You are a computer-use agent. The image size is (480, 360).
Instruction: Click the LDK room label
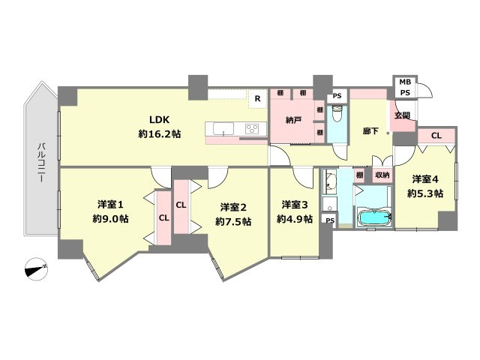coord(159,119)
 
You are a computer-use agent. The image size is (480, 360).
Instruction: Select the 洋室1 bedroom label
coord(110,204)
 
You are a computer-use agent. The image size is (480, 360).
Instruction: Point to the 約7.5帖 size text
coord(233,221)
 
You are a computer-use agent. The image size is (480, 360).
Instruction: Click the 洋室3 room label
coord(295,205)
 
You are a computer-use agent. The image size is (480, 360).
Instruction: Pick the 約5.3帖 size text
coord(425,193)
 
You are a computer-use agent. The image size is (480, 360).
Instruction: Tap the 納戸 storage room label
coord(293,120)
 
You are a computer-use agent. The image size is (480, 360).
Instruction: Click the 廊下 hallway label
coord(370,131)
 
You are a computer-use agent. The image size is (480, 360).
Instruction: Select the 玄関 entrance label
coord(402,115)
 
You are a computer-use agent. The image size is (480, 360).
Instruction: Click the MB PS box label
coord(405,87)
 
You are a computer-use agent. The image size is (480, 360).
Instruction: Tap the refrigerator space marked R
coord(258,98)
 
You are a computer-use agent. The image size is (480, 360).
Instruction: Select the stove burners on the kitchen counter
coord(252,128)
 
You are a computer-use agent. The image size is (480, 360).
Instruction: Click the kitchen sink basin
coord(223,128)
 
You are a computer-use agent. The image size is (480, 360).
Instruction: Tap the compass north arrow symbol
coord(36,269)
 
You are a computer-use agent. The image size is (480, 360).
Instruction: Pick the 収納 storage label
coord(382,175)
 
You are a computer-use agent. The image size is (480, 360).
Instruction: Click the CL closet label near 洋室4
coord(436,135)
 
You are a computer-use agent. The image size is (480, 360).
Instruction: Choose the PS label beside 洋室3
coord(330,220)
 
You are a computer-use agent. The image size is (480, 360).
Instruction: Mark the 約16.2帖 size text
coord(160,133)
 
